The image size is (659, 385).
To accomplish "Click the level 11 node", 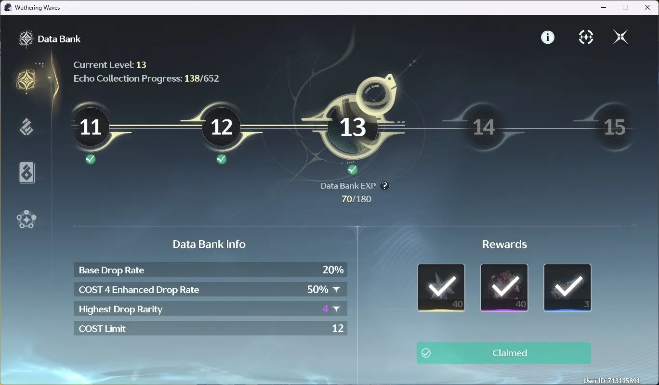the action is (91, 127).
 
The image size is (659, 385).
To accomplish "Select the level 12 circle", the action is (221, 127).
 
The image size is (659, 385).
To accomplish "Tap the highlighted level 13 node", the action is (353, 128).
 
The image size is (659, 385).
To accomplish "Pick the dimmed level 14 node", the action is (484, 127).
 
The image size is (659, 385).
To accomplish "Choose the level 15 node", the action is (615, 127).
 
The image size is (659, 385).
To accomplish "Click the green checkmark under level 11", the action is (90, 159).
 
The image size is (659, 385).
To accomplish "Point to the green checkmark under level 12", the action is (221, 159).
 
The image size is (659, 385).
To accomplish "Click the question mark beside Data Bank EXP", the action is (384, 186).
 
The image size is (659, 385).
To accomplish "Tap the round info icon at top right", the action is (548, 38).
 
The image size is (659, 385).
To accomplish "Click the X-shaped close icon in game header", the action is (620, 37).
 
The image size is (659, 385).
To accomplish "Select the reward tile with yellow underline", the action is (441, 288).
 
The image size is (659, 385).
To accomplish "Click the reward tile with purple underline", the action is (504, 288).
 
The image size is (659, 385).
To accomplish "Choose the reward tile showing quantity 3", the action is (567, 288).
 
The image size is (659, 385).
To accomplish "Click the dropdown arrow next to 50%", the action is (336, 290).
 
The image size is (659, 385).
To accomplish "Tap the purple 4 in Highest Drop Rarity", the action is (325, 309).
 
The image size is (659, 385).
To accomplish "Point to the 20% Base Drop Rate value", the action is (333, 270).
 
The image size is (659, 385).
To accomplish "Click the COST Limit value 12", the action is (338, 328).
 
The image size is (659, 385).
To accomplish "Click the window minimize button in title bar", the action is (604, 7).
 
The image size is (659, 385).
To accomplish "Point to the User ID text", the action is (611, 381).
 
